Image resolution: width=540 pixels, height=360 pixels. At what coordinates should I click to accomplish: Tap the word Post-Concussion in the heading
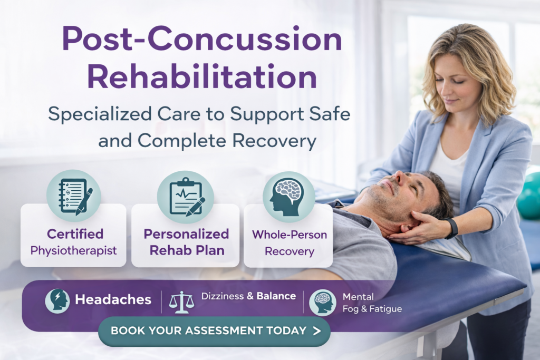click(x=202, y=39)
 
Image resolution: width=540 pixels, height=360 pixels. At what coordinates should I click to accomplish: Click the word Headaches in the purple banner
click(x=113, y=300)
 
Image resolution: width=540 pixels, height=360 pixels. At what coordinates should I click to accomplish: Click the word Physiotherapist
click(x=73, y=250)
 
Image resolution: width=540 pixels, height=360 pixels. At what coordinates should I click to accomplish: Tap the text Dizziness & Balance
click(x=248, y=296)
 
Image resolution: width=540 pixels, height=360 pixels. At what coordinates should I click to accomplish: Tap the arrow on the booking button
click(x=316, y=331)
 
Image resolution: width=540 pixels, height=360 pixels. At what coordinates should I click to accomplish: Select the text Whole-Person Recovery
click(x=289, y=242)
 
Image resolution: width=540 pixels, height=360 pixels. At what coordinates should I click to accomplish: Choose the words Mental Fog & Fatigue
click(x=372, y=303)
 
